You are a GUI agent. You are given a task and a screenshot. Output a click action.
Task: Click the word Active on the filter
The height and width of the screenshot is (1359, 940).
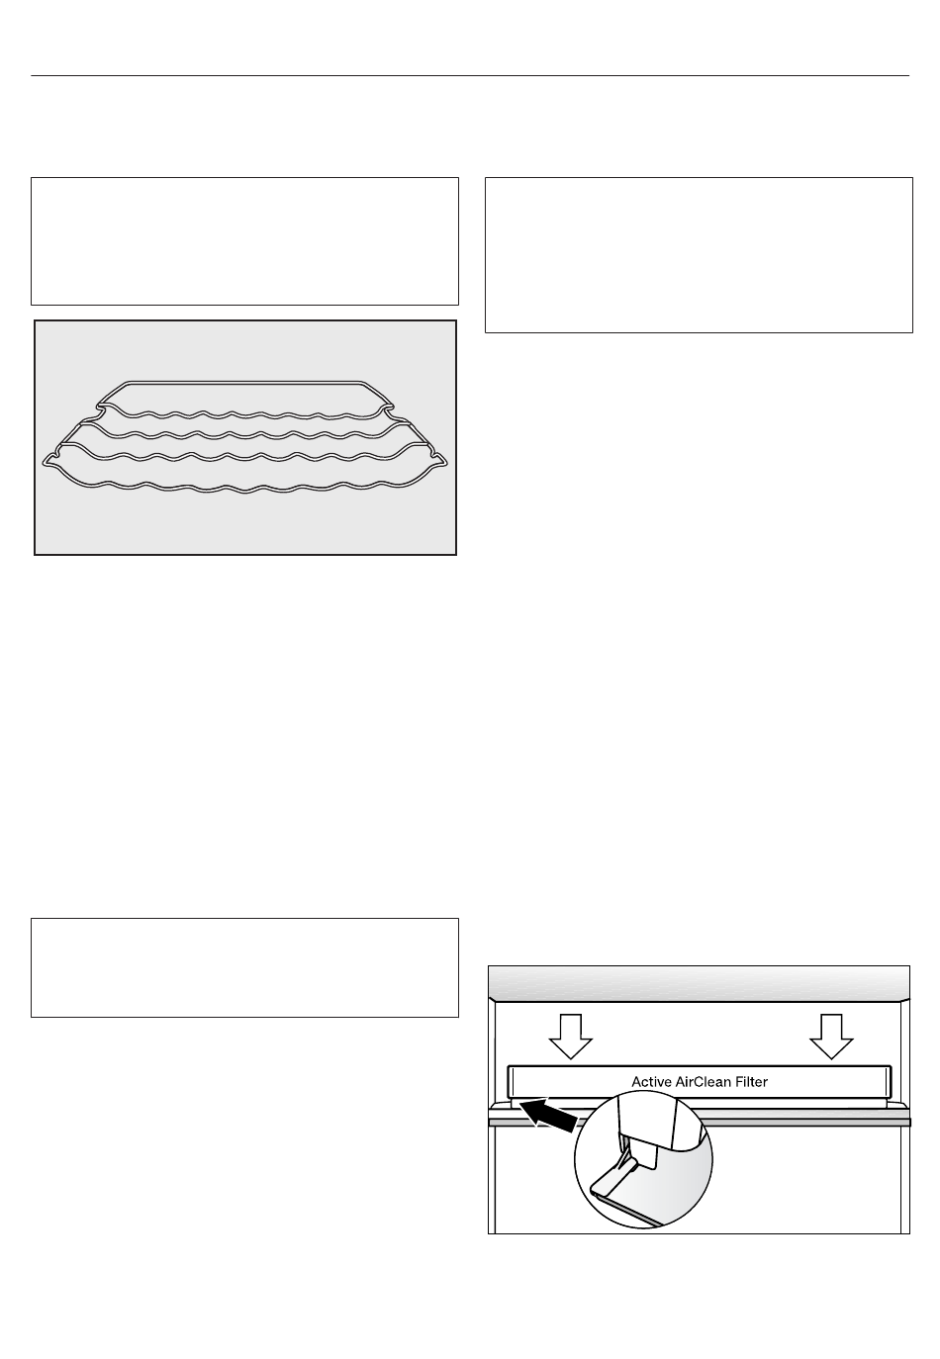(x=650, y=1082)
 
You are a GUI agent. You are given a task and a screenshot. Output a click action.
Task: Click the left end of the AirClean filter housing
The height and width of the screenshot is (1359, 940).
(x=511, y=1081)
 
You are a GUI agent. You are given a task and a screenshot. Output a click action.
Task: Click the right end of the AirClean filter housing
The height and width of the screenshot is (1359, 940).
(x=888, y=1081)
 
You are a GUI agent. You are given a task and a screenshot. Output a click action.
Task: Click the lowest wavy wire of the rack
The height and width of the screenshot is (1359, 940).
(x=245, y=487)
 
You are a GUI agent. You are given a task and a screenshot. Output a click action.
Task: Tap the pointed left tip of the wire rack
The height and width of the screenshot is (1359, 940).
(x=44, y=463)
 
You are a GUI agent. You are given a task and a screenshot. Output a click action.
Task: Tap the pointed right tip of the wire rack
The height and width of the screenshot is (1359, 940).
(x=446, y=463)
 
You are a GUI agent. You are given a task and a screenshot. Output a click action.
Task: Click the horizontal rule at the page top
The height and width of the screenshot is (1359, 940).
(x=470, y=76)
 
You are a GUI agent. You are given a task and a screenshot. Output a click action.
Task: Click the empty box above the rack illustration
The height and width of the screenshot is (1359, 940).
(x=244, y=241)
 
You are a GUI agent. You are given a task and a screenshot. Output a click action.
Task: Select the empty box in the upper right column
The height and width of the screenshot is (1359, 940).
(x=699, y=255)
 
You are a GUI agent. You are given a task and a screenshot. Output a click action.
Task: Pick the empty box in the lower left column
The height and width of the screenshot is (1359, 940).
(x=244, y=967)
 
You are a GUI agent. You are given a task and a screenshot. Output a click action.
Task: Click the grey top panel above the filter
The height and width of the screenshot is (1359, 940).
(x=699, y=983)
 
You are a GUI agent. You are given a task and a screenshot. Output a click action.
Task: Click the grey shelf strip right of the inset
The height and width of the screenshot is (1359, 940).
(x=810, y=1123)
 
